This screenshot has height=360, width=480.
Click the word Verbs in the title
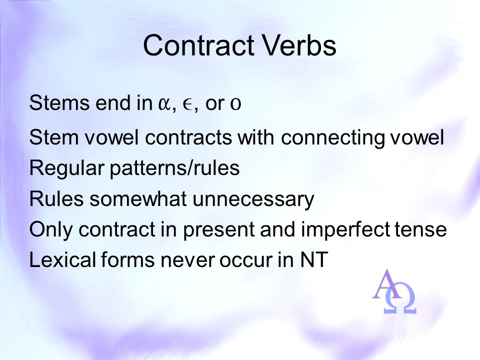pos(299,45)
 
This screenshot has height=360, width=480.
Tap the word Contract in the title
pos(198,45)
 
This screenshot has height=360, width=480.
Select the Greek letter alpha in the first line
pos(165,104)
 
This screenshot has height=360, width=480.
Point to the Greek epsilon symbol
pos(187,104)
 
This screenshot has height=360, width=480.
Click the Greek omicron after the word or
pos(235,104)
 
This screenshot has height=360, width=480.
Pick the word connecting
pos(333,138)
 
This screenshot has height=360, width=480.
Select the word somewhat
pos(138,198)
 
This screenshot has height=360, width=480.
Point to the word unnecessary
pos(253,199)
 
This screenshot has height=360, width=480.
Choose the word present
pos(219,230)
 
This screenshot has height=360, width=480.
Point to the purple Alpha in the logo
pos(387,284)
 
